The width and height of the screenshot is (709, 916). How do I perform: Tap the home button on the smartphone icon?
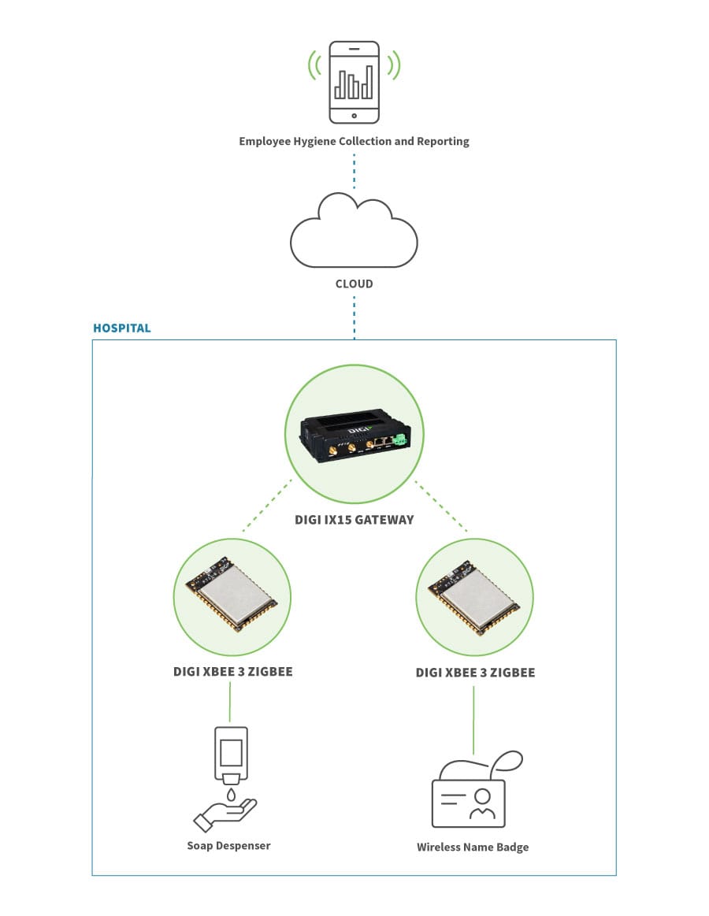pyautogui.click(x=354, y=115)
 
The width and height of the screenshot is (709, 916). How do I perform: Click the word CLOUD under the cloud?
pyautogui.click(x=354, y=284)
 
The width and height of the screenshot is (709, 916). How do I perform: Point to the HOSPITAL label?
pyautogui.click(x=121, y=328)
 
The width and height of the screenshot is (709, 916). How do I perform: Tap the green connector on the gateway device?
pyautogui.click(x=401, y=440)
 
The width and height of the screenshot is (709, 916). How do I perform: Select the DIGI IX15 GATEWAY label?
pyautogui.click(x=354, y=520)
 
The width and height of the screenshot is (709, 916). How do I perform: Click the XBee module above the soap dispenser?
pyautogui.click(x=232, y=597)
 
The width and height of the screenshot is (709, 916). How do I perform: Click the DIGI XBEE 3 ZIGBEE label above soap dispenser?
pyautogui.click(x=232, y=672)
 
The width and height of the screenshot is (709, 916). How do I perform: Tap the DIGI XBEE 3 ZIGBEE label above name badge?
pyautogui.click(x=475, y=673)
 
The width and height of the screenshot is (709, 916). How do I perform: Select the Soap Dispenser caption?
pyautogui.click(x=228, y=845)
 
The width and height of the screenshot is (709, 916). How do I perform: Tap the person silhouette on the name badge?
pyautogui.click(x=481, y=803)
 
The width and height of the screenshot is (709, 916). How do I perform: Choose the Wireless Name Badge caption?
pyautogui.click(x=473, y=847)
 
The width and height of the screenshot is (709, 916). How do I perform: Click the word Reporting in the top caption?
pyautogui.click(x=440, y=142)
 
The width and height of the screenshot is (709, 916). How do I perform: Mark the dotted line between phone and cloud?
pyautogui.click(x=354, y=171)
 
